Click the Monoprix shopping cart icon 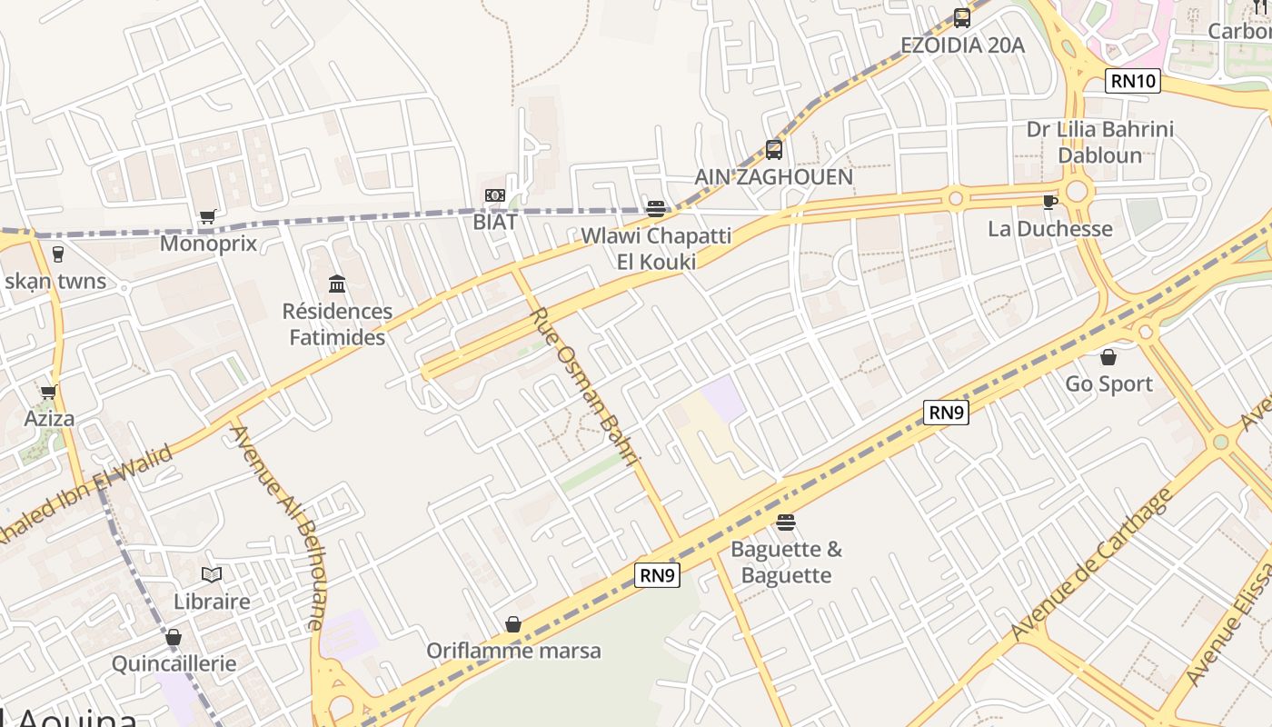coord(208,216)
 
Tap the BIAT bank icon coord(494,195)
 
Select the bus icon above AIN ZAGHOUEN coord(773,149)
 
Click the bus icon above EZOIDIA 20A coord(961,17)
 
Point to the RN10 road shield coord(1133,81)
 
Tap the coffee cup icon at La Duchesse coord(1050,202)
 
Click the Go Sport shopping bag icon coord(1108,357)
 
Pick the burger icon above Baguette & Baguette coord(786,523)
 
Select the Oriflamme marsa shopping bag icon coord(513,624)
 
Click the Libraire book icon coord(212,574)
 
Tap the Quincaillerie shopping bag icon coord(174,637)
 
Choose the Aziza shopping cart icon coord(48,393)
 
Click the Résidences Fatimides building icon coord(337,284)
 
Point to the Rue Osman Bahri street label coord(586,387)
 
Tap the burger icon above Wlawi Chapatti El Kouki coord(656,209)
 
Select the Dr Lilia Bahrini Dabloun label coord(1100,142)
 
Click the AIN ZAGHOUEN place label coord(774,177)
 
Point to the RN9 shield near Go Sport coord(946,413)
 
